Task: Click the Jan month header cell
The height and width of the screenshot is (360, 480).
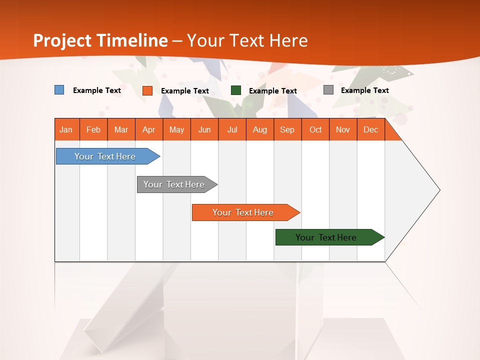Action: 66,129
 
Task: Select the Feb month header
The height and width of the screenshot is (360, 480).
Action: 93,129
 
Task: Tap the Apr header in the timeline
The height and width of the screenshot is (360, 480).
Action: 149,129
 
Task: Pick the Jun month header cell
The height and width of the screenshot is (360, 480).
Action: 204,129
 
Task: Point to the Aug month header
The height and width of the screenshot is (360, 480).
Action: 260,129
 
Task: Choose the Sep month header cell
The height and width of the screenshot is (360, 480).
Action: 287,129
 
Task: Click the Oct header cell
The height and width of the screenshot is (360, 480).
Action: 315,129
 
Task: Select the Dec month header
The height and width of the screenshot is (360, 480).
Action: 371,129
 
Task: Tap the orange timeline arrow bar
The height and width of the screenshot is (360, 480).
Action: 243,212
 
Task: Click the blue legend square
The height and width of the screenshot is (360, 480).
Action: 59,90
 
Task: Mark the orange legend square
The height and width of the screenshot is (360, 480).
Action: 147,90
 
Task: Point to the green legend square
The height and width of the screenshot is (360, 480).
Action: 236,90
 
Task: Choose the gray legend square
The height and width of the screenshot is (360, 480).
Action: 328,90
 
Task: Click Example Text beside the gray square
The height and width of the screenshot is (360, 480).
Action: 364,90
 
